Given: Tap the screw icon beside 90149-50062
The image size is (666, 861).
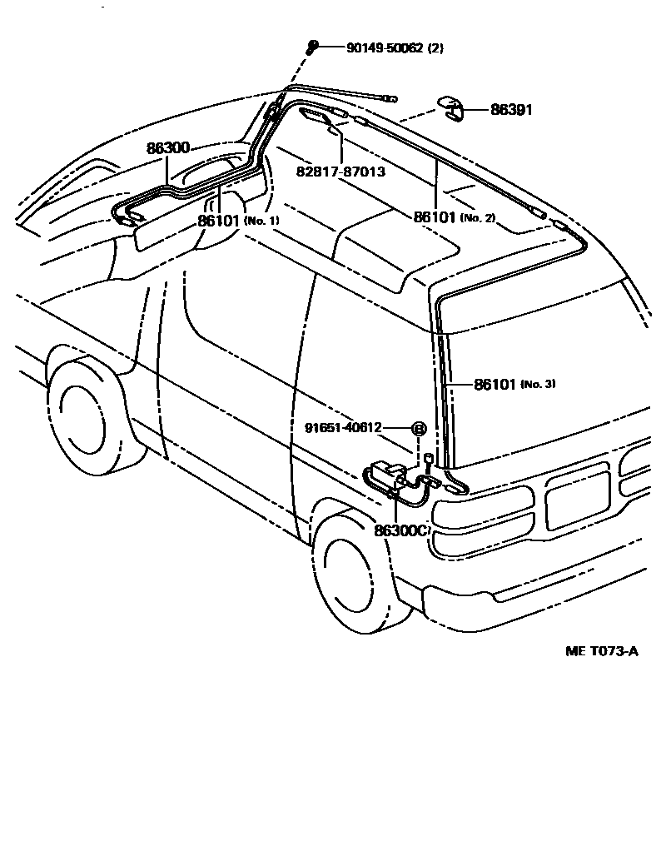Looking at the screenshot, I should coord(312,47).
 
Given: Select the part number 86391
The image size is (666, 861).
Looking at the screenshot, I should coord(511,110).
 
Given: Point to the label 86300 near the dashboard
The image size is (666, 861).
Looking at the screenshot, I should coord(169,148).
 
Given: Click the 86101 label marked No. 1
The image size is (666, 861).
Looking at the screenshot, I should coord(219,221).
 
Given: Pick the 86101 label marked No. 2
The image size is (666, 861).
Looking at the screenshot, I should coord(435,216).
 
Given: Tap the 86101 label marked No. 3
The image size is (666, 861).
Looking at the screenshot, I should coord(496,384).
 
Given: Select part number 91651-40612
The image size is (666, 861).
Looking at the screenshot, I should coord(343,428).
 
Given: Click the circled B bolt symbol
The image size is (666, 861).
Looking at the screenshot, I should coord(419,429).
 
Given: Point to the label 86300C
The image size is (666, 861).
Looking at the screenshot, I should coord(400,530).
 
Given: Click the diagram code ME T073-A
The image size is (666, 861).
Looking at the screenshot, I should coord(602,651).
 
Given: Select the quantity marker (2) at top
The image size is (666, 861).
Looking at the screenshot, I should coord(435,48).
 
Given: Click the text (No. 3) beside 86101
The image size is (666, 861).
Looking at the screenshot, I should coord(538,384).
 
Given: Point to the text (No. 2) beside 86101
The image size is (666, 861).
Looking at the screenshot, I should coord(479,217).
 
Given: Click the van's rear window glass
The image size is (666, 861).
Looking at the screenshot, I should coord(541,375).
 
